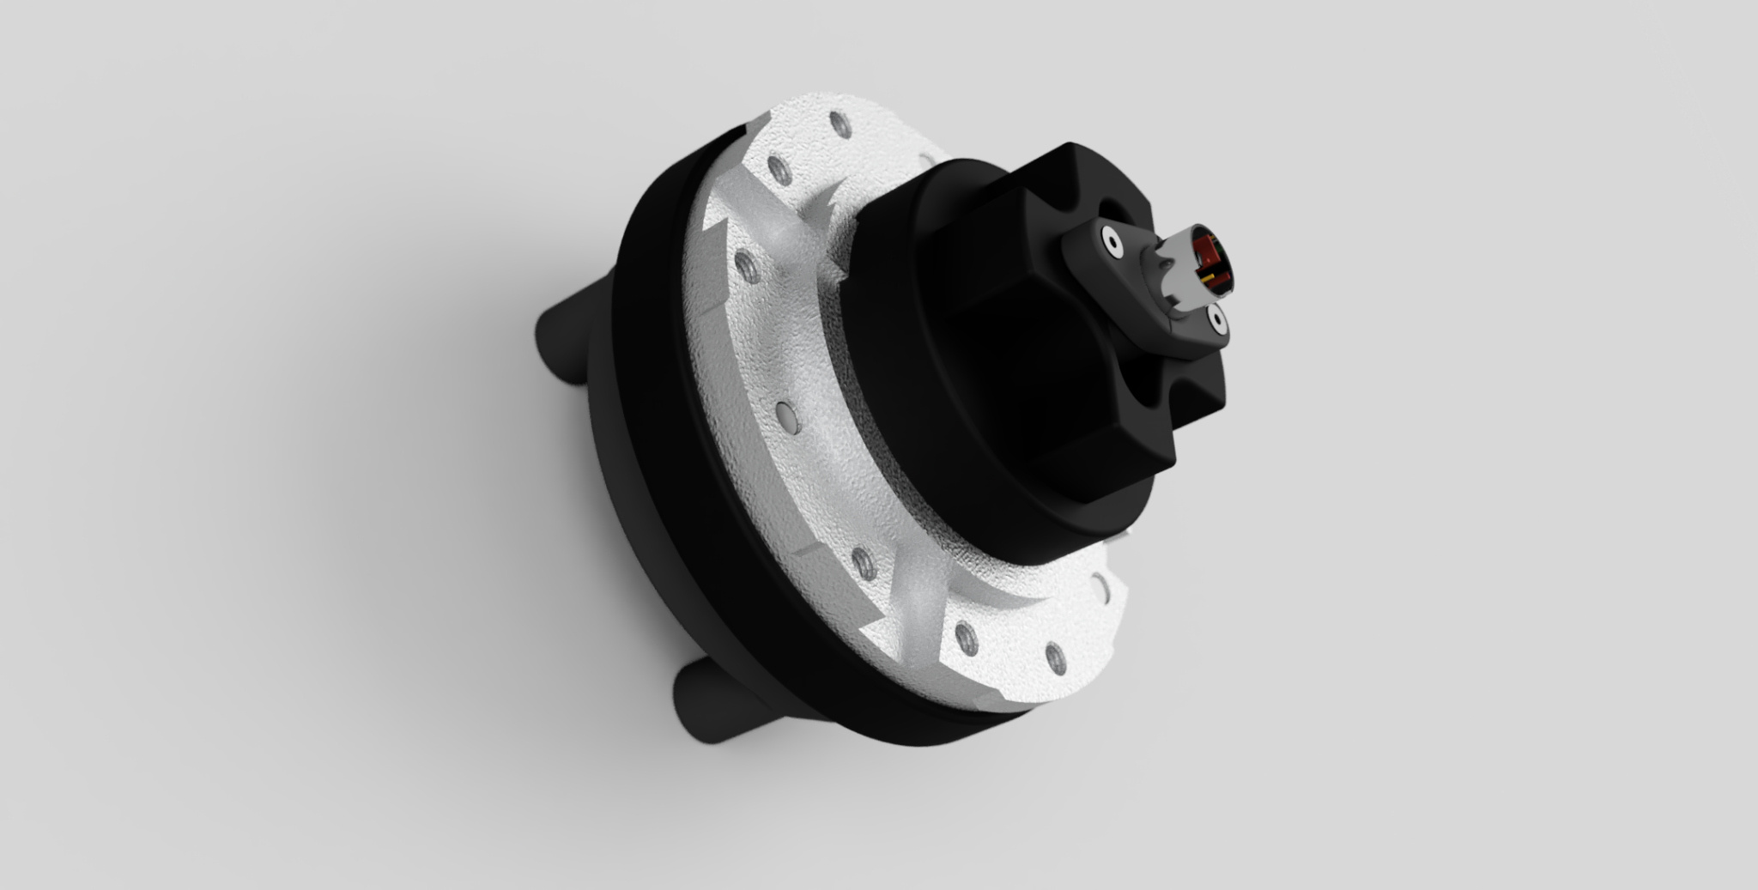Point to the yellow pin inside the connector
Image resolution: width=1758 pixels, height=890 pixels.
tap(1209, 277)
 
